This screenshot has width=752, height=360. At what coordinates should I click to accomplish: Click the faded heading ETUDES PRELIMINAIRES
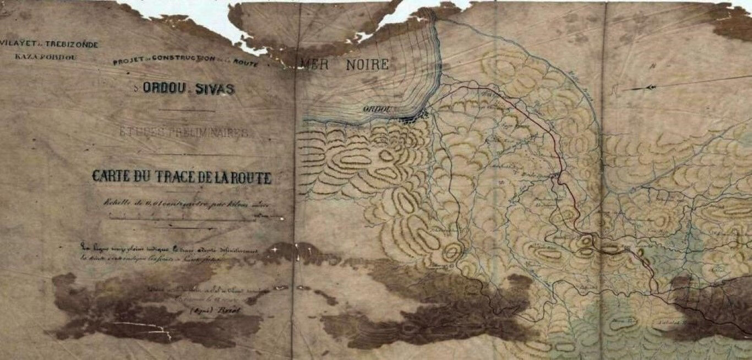(x=184, y=132)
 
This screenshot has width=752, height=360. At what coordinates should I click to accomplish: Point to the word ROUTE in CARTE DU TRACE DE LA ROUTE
(x=251, y=178)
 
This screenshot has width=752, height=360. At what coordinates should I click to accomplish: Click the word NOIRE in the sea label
(x=367, y=64)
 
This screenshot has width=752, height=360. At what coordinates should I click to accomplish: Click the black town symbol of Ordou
(x=414, y=117)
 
